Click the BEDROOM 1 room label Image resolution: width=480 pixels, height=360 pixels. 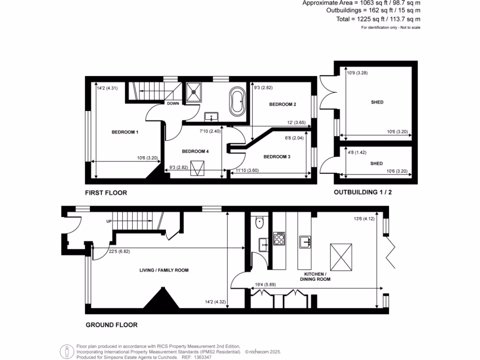(125, 132)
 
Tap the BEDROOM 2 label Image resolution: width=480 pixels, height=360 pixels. (282, 105)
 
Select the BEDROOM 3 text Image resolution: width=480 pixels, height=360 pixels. (277, 157)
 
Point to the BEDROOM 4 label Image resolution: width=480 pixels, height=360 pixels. (195, 151)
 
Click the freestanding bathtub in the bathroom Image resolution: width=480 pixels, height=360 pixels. (237, 101)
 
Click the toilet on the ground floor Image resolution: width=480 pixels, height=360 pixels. (259, 223)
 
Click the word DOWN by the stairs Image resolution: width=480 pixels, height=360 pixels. (173, 104)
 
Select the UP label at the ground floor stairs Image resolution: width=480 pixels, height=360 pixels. (109, 221)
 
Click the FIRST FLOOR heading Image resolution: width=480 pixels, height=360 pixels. (106, 193)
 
